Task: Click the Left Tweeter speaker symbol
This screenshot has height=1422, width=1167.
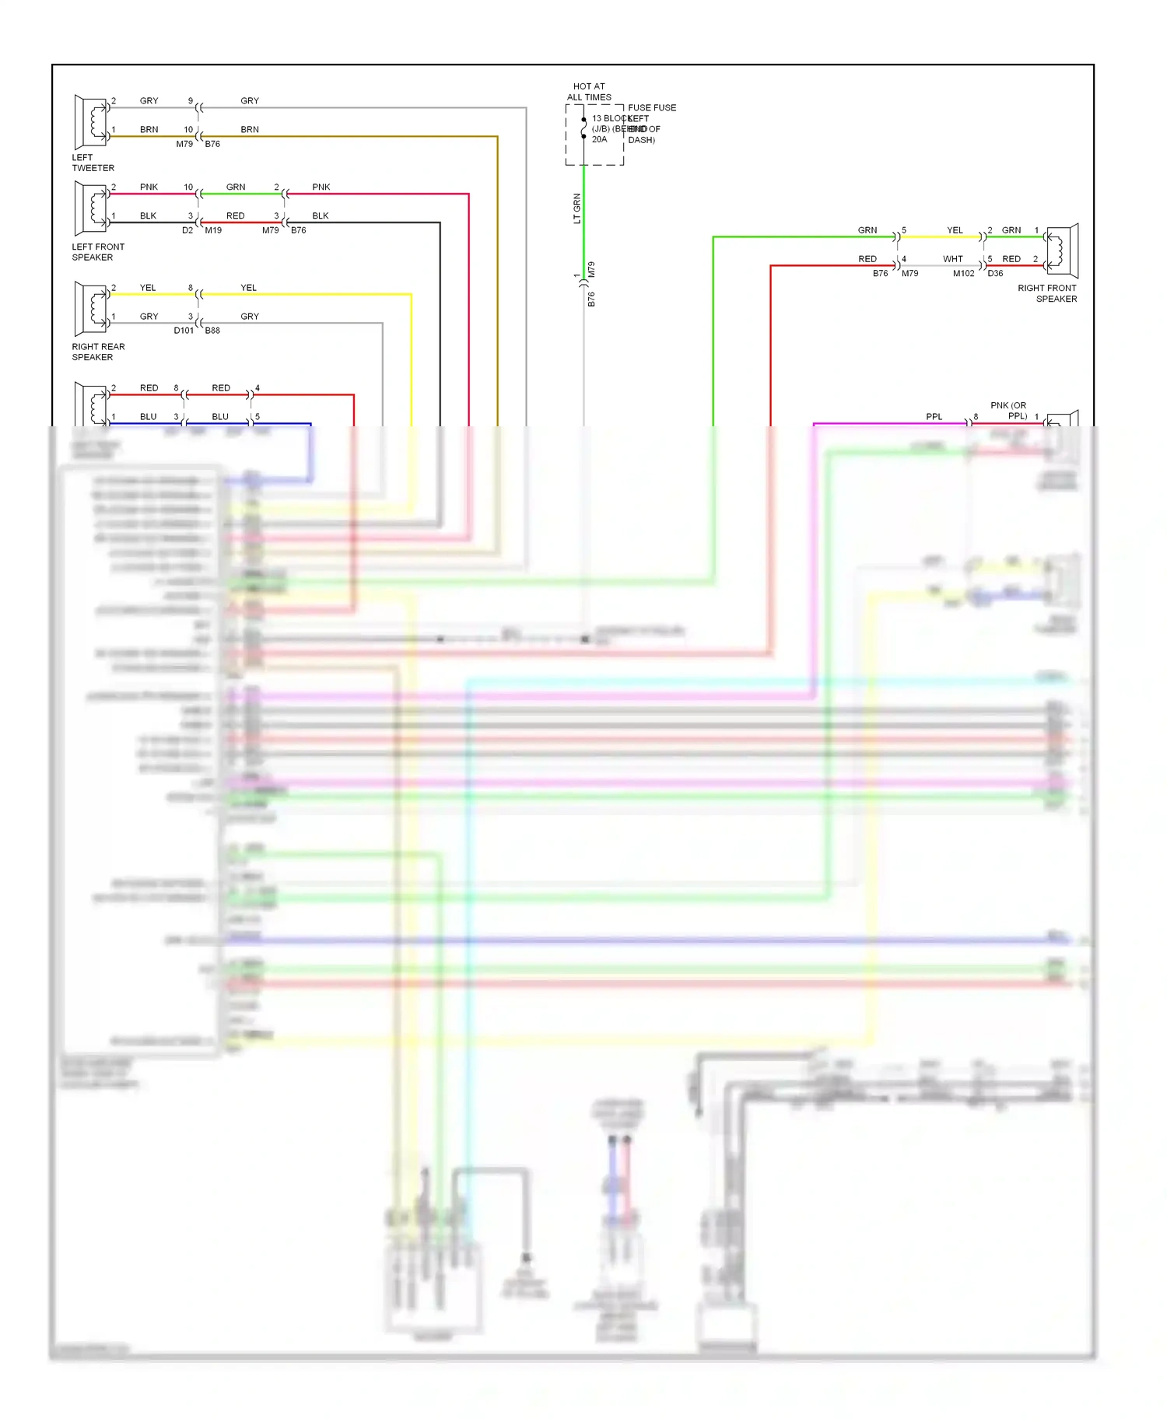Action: coord(91,122)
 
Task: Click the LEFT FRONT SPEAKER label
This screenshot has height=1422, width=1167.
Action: coord(97,252)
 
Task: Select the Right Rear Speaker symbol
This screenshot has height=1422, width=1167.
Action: coord(91,309)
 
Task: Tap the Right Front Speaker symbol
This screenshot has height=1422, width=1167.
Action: coord(1062,250)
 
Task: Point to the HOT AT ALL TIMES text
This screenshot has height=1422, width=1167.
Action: coord(589,92)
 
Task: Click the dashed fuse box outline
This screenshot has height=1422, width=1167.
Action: coord(594,135)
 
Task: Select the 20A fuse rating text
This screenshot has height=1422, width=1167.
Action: coord(599,140)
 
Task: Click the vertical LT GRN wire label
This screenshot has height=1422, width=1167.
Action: coord(577,208)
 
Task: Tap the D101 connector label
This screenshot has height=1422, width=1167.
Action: coord(184,331)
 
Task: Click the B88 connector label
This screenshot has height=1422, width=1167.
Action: coord(212,331)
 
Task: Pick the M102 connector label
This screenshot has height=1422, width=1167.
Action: coord(963,274)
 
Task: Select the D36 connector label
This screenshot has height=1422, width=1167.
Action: coord(995,274)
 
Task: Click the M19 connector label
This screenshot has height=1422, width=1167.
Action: coord(213,230)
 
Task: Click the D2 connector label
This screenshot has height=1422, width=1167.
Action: coord(187,230)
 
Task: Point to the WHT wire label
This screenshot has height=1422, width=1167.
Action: coord(952,259)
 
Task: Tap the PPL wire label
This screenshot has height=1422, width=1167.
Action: coord(934,417)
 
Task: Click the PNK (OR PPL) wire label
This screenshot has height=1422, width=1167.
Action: coord(1009,411)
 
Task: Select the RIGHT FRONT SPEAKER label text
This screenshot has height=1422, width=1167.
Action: coord(1047,293)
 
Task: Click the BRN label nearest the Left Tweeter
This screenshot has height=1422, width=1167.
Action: coord(149,130)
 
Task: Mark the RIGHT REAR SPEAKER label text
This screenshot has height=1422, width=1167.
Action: coord(97,352)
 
